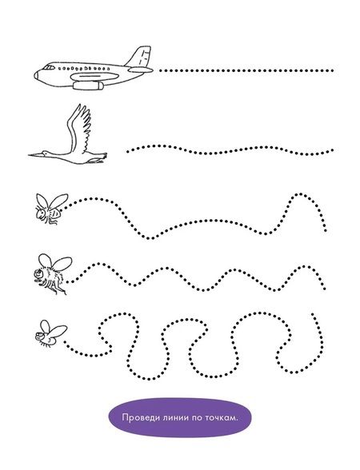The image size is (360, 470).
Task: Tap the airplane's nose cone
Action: click(x=36, y=75)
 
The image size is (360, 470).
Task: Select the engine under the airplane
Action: click(x=88, y=86)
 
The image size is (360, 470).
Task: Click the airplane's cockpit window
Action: click(x=49, y=67)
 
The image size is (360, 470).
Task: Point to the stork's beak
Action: click(x=35, y=155)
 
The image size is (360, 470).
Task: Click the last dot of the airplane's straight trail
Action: click(x=332, y=70)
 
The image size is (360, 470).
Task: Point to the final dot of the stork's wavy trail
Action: click(x=332, y=149)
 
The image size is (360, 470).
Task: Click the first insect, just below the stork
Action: click(x=51, y=209)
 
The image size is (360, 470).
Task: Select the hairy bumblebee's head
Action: click(x=38, y=273)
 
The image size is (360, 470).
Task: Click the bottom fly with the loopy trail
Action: click(x=50, y=334)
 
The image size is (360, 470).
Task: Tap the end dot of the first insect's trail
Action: click(x=326, y=230)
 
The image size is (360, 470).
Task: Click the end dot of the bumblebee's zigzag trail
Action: click(x=325, y=289)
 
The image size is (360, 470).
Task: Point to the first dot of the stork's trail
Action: click(x=128, y=152)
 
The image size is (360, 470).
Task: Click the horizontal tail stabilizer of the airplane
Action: click(x=141, y=70)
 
